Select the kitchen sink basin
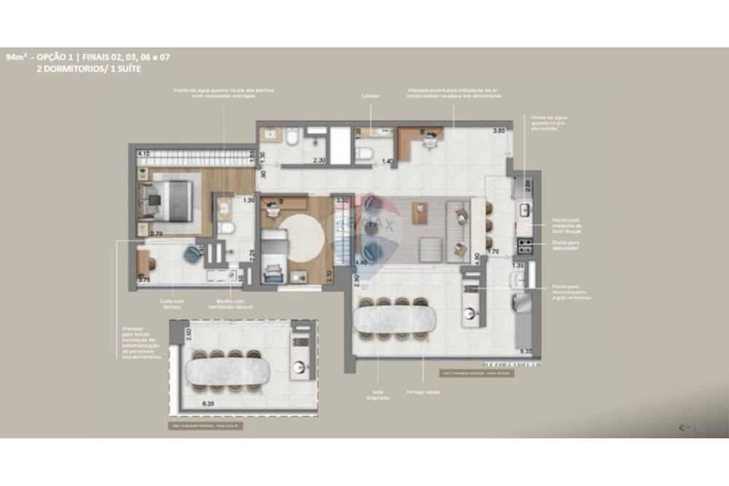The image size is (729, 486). point(525,211)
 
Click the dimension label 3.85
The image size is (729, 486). point(499,130)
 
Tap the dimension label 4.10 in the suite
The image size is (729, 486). point(144,154)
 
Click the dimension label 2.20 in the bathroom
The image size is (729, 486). point(319,160)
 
